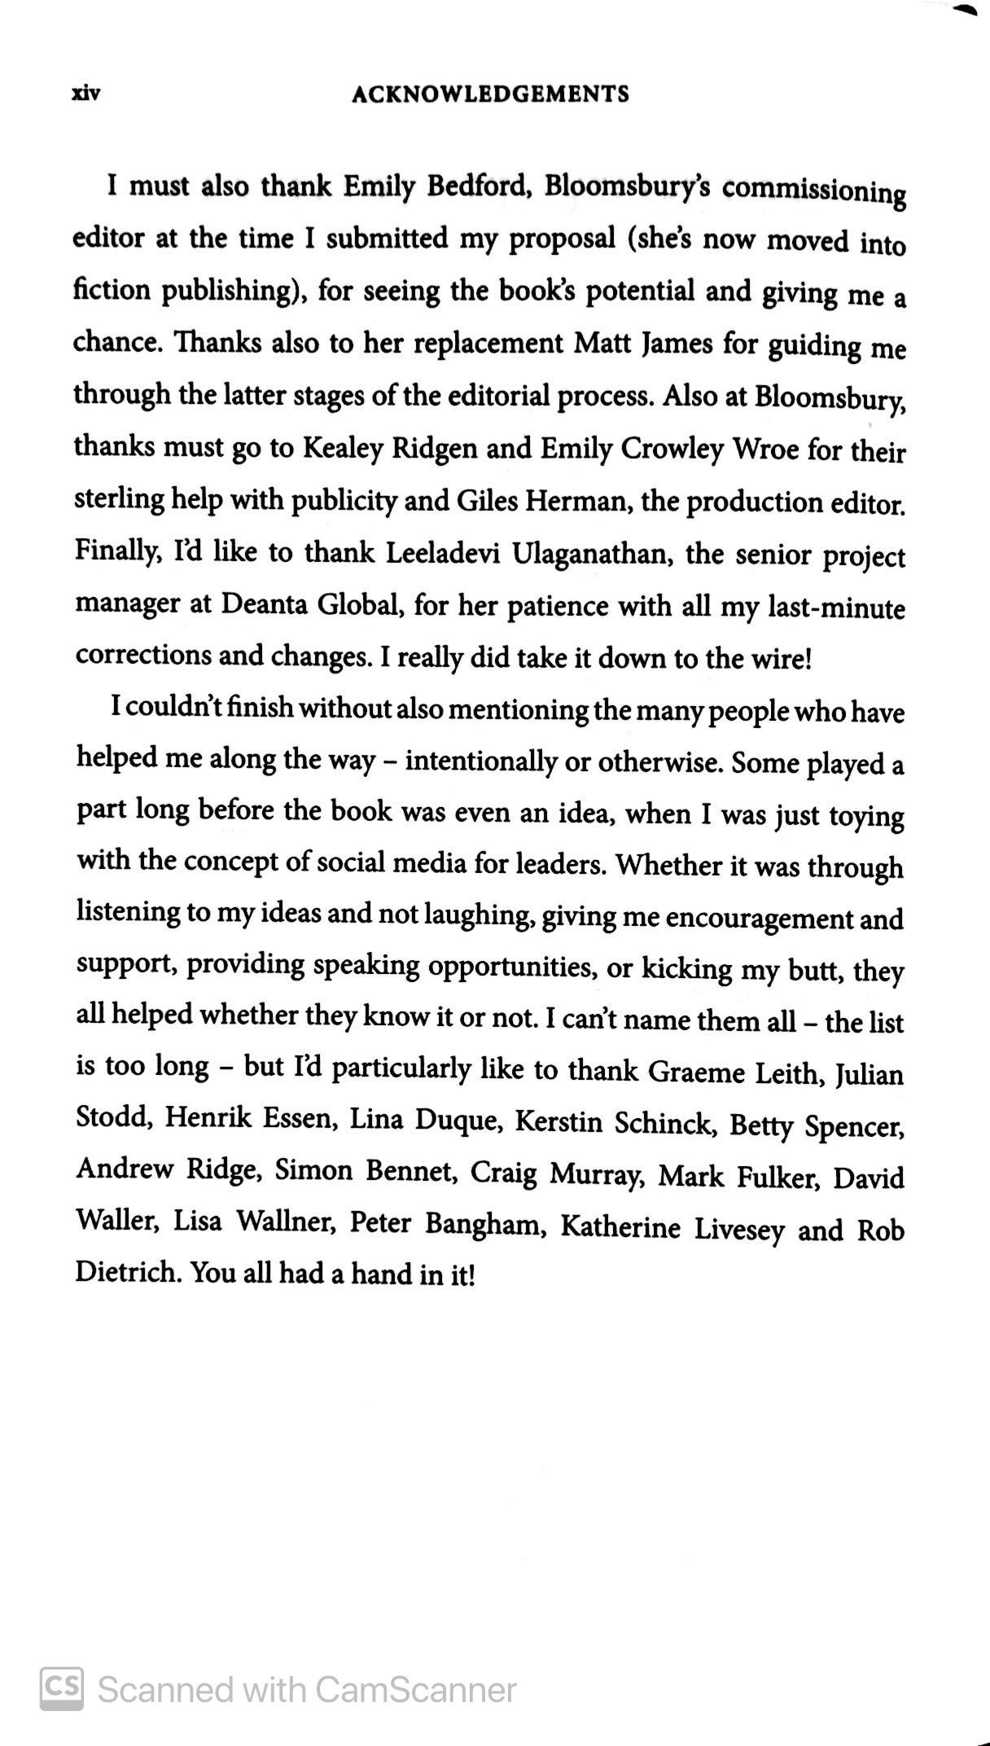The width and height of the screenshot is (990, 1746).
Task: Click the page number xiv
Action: [85, 94]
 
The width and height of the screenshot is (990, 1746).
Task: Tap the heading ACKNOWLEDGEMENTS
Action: [490, 94]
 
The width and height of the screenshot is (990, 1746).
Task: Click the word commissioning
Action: [813, 192]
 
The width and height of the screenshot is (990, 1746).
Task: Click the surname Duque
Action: [457, 1121]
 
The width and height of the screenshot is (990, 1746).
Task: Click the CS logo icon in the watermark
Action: [62, 1690]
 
